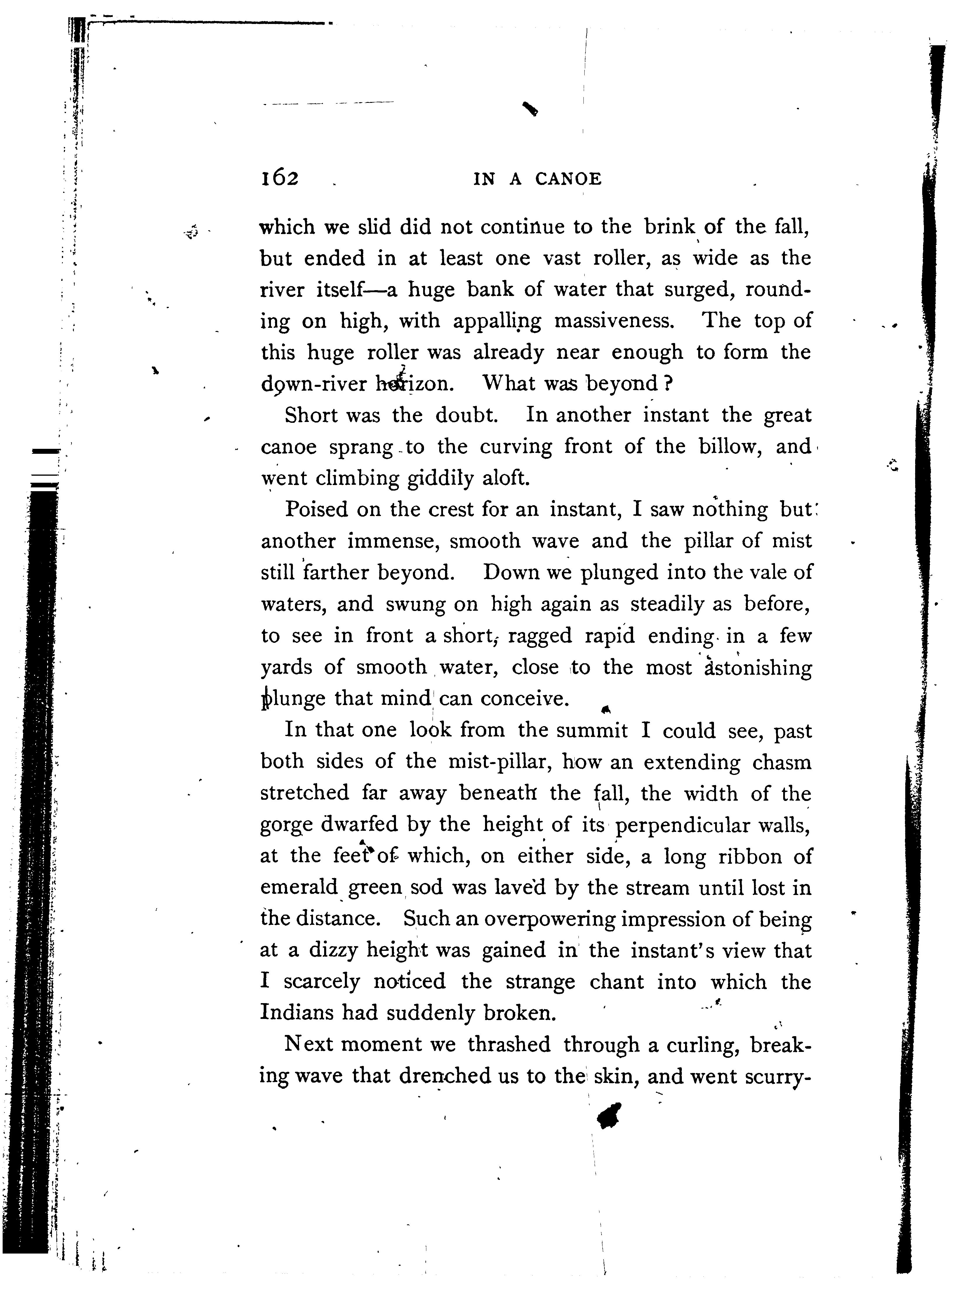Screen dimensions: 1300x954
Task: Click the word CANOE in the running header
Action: coord(568,180)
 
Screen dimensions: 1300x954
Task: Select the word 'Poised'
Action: coord(317,510)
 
